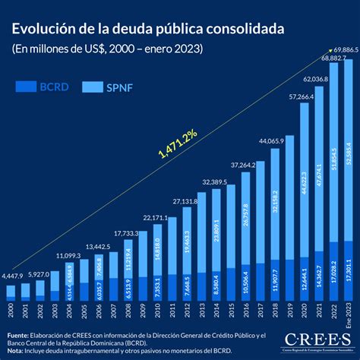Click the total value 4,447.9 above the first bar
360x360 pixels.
[17, 275]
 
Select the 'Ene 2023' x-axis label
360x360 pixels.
[349, 313]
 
